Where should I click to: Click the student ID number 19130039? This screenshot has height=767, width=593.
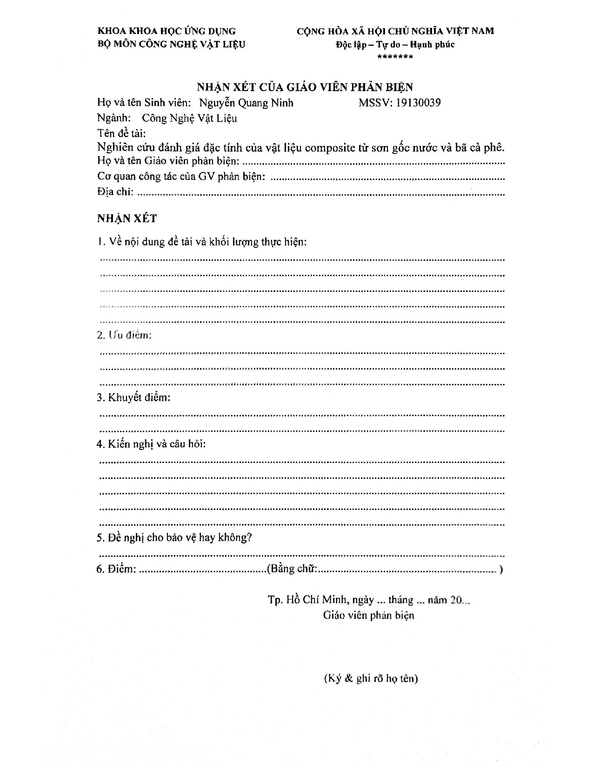coord(418,103)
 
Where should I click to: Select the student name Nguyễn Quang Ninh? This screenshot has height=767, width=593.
coord(246,103)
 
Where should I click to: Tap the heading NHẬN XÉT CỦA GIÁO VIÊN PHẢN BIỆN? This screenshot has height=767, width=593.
coord(305,87)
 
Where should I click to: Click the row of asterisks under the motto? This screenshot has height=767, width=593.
coord(395,57)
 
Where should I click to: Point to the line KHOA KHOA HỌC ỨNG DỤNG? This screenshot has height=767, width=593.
coord(167,31)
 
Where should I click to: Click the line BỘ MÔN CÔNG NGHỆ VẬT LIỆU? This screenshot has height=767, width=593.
coord(171,44)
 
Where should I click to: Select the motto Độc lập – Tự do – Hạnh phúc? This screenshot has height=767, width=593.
coord(395,45)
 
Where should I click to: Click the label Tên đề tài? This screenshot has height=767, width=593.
coord(121,133)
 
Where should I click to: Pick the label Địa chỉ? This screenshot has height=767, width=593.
coord(115,192)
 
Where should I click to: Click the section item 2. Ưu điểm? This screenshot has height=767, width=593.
coord(124,335)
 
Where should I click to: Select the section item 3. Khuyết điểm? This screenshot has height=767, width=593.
coord(133,397)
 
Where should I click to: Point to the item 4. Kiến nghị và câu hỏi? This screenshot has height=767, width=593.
coord(151,444)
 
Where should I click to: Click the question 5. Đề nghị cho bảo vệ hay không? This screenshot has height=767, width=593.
coord(174,537)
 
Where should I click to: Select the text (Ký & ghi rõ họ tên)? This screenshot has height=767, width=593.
coord(371,678)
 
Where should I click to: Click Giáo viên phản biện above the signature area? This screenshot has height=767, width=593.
coord(368,615)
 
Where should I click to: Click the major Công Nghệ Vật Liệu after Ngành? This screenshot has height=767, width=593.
coord(189,118)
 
